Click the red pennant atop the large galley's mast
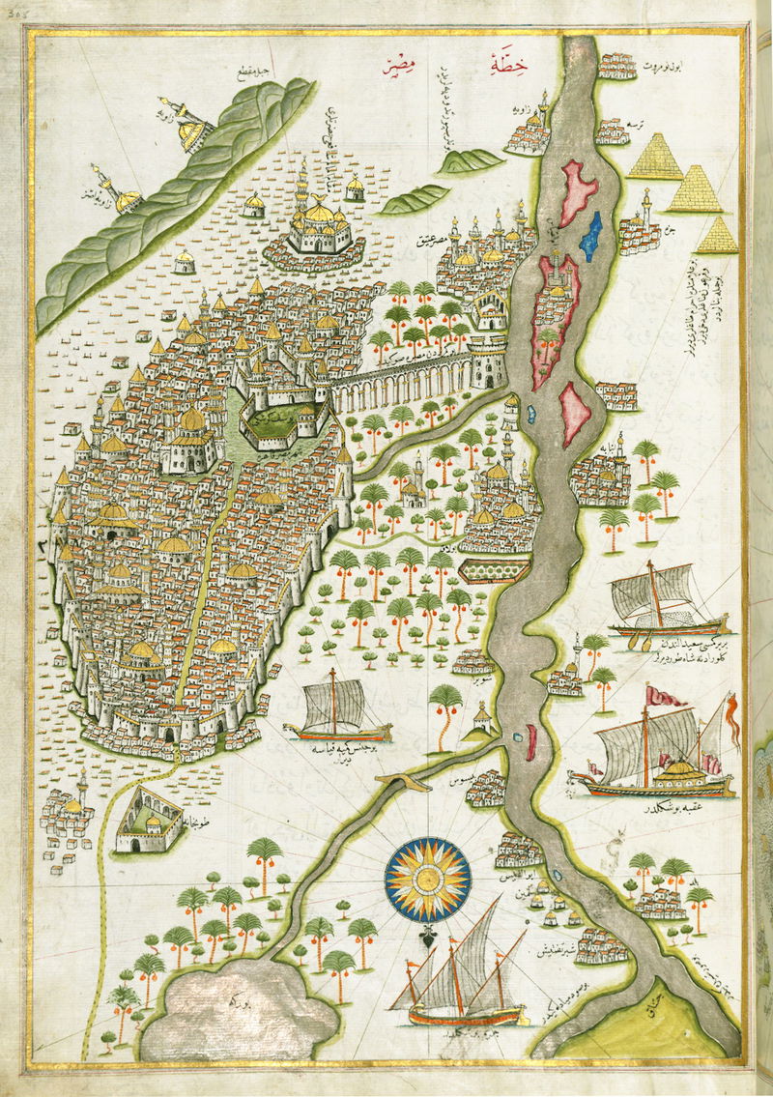(666, 694)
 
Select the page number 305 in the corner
(12, 6)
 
